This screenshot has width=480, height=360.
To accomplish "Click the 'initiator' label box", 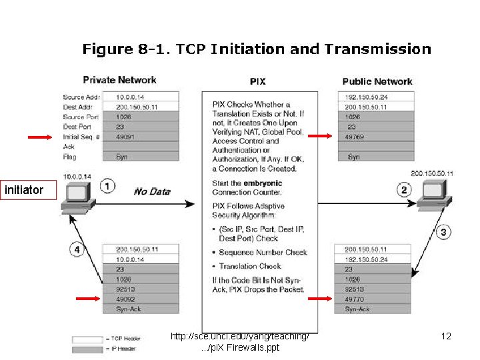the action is tap(23, 191).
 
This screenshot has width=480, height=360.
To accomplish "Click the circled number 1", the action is tap(107, 185).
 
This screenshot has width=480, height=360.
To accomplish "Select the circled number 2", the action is tap(404, 190).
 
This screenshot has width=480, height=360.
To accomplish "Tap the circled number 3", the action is tap(445, 232).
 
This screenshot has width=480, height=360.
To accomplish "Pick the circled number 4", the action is tap(78, 250).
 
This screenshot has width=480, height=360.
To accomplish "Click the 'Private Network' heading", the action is tap(119, 80).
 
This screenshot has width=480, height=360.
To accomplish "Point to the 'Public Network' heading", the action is tap(377, 81).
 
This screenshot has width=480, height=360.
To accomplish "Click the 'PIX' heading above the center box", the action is tap(257, 81).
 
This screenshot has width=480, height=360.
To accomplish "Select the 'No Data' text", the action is tap(152, 191).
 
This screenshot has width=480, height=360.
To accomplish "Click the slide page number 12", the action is tap(447, 337).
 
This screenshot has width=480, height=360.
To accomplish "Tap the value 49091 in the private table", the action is tap(126, 136).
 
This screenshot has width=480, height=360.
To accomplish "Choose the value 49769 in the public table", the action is tap(355, 136).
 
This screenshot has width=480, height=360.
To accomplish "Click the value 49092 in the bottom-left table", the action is tap(126, 299).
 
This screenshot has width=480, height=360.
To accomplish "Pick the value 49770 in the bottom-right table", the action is tap(355, 299).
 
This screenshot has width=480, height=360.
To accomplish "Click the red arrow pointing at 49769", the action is tap(321, 136).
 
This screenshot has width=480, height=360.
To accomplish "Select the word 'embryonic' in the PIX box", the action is tap(263, 183).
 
